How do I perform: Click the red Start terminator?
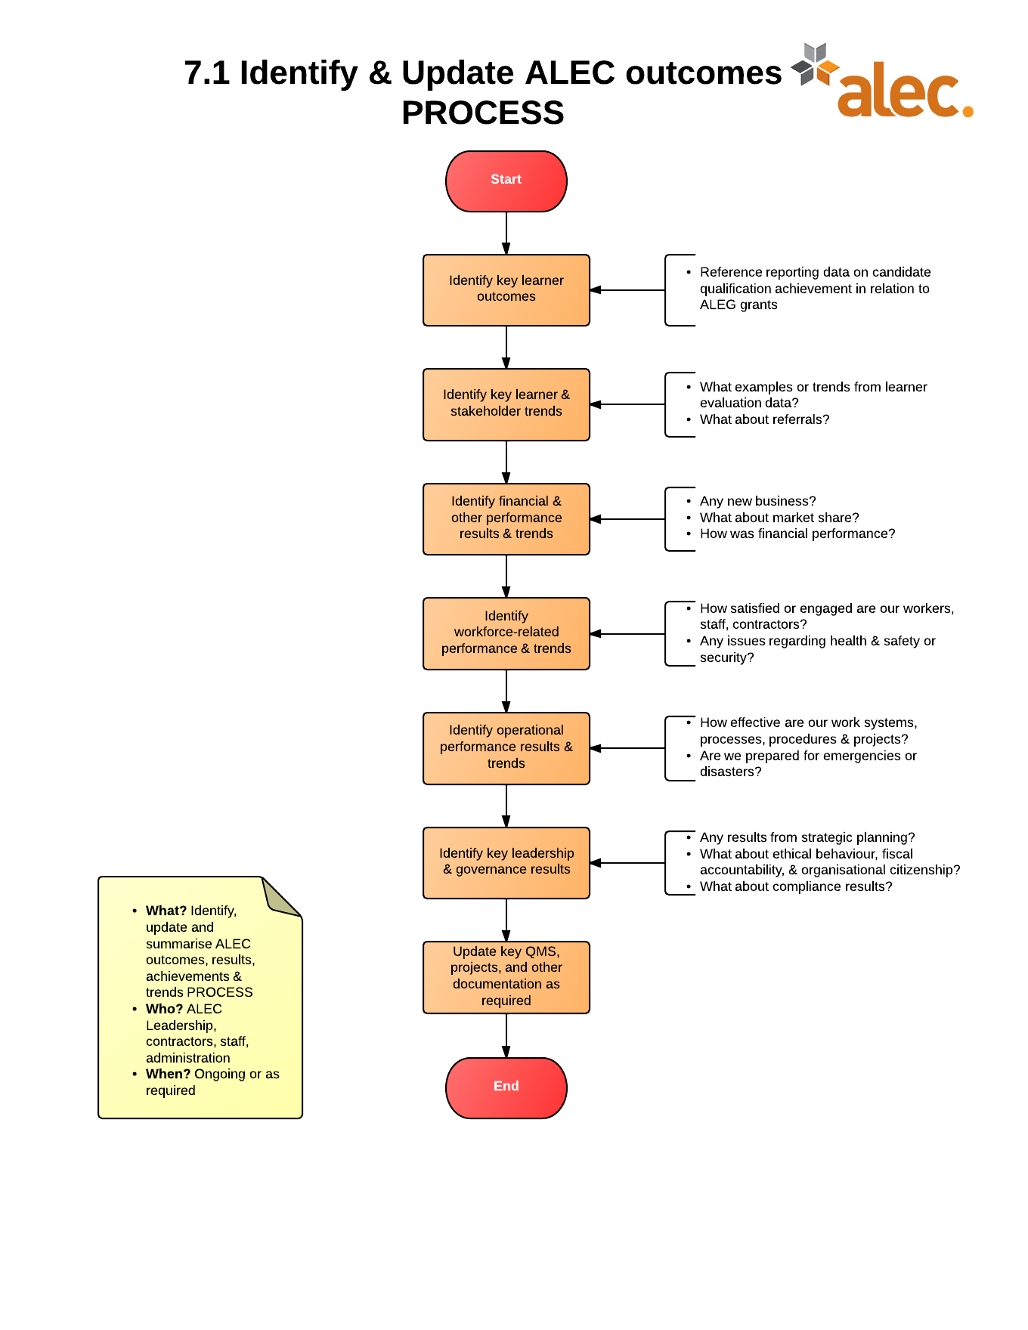506,181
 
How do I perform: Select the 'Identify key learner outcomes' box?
506,289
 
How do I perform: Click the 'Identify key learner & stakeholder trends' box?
506,404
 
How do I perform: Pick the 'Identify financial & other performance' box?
506,518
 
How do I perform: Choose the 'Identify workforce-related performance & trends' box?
506,633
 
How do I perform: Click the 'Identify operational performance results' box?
506,747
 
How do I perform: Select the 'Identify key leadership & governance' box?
506,862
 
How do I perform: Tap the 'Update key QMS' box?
506,976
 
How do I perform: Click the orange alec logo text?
904,92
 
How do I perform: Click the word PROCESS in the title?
482,113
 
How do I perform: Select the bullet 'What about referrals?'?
764,419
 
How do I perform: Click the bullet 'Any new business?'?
757,501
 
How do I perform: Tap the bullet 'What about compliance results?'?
795,886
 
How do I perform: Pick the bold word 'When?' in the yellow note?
168,1074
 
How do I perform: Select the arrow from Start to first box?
506,233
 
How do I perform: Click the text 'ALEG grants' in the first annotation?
738,305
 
